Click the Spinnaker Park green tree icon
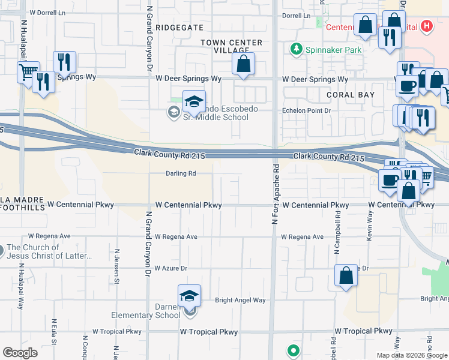[x=295, y=49]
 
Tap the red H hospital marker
[x=426, y=26]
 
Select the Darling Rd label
[x=181, y=174]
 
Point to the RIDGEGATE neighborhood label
[x=179, y=28]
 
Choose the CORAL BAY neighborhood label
[x=351, y=95]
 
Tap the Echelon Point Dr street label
[x=307, y=111]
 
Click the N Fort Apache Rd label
[x=276, y=195]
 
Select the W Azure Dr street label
[x=171, y=268]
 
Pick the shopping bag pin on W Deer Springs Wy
[x=243, y=65]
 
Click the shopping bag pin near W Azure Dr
[x=346, y=277]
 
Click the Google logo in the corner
[x=20, y=352]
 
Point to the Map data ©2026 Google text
[x=411, y=355]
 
